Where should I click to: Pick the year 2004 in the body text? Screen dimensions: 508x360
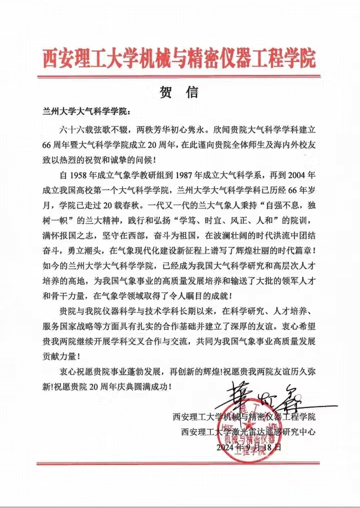point(296,176)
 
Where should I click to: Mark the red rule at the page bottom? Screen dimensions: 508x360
point(180,463)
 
